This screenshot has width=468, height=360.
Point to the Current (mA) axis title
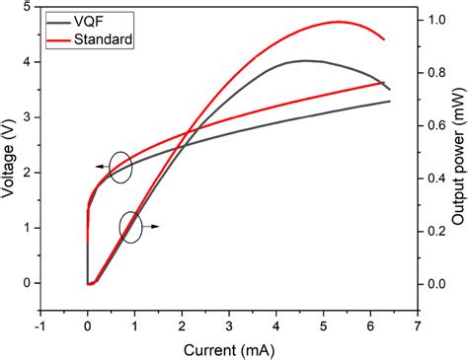coord(228,348)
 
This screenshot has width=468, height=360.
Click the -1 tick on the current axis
coord(40,324)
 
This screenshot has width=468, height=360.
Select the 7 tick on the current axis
coord(418,324)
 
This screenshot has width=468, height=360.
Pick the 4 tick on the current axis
coord(276,324)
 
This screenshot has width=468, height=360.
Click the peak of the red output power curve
coord(338,22)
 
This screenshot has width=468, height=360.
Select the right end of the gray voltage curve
coord(390,102)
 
